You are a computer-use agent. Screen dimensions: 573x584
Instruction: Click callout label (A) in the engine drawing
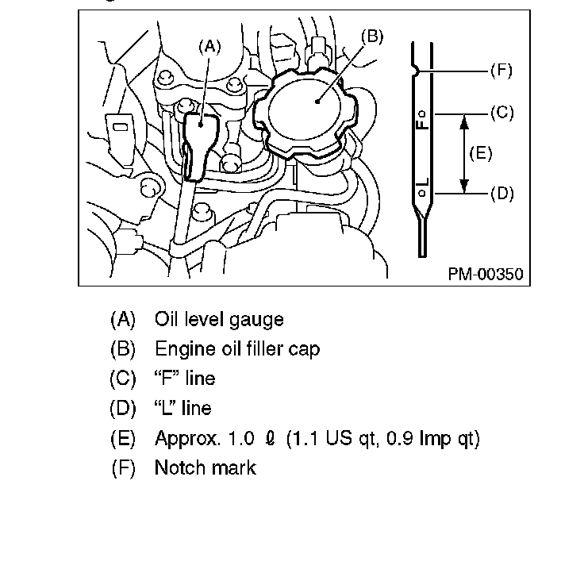209,46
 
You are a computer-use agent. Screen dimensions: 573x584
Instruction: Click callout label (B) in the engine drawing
371,36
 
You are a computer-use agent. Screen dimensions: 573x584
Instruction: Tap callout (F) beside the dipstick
500,71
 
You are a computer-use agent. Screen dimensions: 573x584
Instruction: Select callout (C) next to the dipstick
501,113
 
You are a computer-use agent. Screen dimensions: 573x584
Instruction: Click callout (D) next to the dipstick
501,192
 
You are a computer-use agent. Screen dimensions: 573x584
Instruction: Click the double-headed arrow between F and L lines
463,152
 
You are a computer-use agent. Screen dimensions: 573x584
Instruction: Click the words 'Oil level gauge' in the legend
219,319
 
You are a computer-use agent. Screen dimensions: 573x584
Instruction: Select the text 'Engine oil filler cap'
237,348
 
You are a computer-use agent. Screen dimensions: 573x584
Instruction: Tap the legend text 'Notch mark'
205,467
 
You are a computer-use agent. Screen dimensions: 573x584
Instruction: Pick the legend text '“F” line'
184,379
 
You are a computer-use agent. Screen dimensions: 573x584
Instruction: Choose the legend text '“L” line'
182,408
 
